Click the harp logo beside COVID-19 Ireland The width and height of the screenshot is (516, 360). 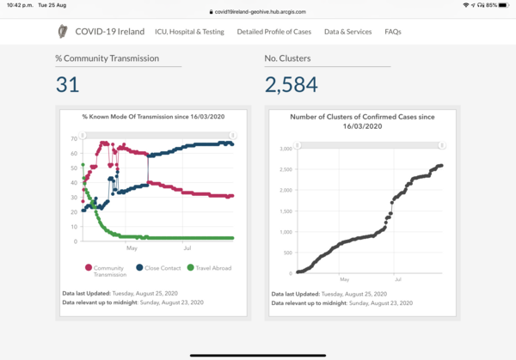tap(63, 32)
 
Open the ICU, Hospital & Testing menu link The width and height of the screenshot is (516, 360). tap(189, 32)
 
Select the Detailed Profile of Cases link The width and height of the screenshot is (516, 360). tap(274, 32)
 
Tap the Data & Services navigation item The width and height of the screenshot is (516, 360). tap(347, 32)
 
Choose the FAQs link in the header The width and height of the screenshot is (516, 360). tap(393, 32)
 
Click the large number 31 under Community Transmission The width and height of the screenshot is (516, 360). tap(67, 84)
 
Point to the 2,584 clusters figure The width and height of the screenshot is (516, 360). tap(292, 84)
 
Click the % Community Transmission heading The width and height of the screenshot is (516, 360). tap(107, 58)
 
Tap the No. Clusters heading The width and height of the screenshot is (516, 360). tap(287, 58)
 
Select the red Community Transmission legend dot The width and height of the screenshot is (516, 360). tap(89, 267)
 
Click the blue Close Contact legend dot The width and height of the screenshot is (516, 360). tap(139, 267)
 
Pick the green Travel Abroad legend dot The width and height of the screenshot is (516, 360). tap(190, 267)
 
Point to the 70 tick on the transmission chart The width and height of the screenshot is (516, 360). tap(74, 138)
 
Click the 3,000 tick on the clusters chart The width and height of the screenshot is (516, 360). tap(286, 149)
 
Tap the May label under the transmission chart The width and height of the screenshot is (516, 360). tap(132, 248)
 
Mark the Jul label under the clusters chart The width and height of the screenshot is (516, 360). tap(398, 279)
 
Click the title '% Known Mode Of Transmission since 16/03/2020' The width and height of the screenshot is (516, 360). tap(153, 117)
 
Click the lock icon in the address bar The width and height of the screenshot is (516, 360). tap(212, 12)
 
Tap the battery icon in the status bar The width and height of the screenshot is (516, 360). tap(504, 5)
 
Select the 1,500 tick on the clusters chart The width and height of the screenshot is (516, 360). tap(286, 211)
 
